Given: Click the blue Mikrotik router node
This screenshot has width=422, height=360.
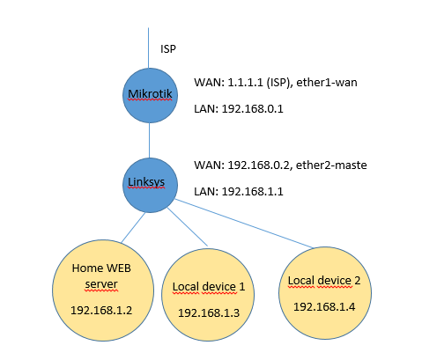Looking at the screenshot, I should [149, 92].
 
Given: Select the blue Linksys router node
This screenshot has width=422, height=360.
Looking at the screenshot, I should [149, 182].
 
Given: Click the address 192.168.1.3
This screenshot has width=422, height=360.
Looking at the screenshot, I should [203, 312].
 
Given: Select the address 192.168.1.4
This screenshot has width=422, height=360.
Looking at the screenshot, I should [325, 306].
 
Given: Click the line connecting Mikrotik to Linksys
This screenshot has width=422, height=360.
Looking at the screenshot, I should [149, 137].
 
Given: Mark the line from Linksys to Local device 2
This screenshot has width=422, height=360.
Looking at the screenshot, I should [247, 222].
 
